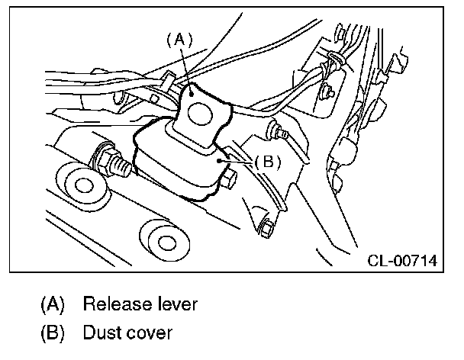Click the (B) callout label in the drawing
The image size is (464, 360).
point(267,162)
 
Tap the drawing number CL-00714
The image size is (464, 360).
point(401,261)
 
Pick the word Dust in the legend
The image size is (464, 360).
point(101,333)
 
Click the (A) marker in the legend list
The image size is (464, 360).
point(52,304)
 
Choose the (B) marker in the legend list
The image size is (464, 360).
point(52,333)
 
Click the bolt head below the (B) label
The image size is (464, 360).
point(229,180)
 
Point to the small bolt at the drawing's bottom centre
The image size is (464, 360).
point(266,226)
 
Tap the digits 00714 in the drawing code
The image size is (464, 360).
point(415,261)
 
